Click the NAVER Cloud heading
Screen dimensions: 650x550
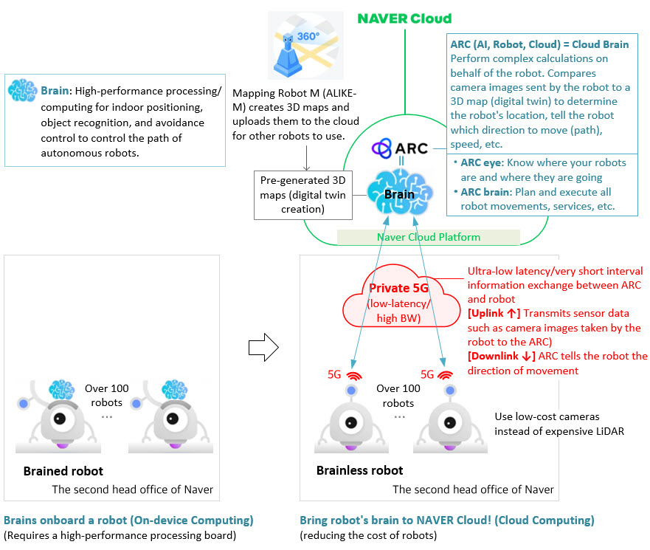click(404, 18)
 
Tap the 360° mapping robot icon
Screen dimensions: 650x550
click(305, 45)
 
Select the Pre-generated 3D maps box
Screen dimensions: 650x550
click(303, 195)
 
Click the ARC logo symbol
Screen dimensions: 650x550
click(381, 148)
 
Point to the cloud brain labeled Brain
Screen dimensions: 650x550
click(400, 193)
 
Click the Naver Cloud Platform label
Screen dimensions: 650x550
click(429, 237)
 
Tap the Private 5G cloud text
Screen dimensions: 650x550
click(398, 303)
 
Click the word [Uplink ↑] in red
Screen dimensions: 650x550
click(494, 314)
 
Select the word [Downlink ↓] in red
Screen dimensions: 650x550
click(501, 357)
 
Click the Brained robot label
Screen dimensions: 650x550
click(63, 471)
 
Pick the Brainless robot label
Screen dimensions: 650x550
click(359, 470)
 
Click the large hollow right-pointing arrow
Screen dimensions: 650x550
click(263, 347)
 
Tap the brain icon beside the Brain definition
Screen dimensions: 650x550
click(22, 90)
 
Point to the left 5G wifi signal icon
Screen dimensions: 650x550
click(354, 375)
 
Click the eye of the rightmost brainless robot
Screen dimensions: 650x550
click(450, 423)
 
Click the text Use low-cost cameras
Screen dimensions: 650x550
click(547, 417)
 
